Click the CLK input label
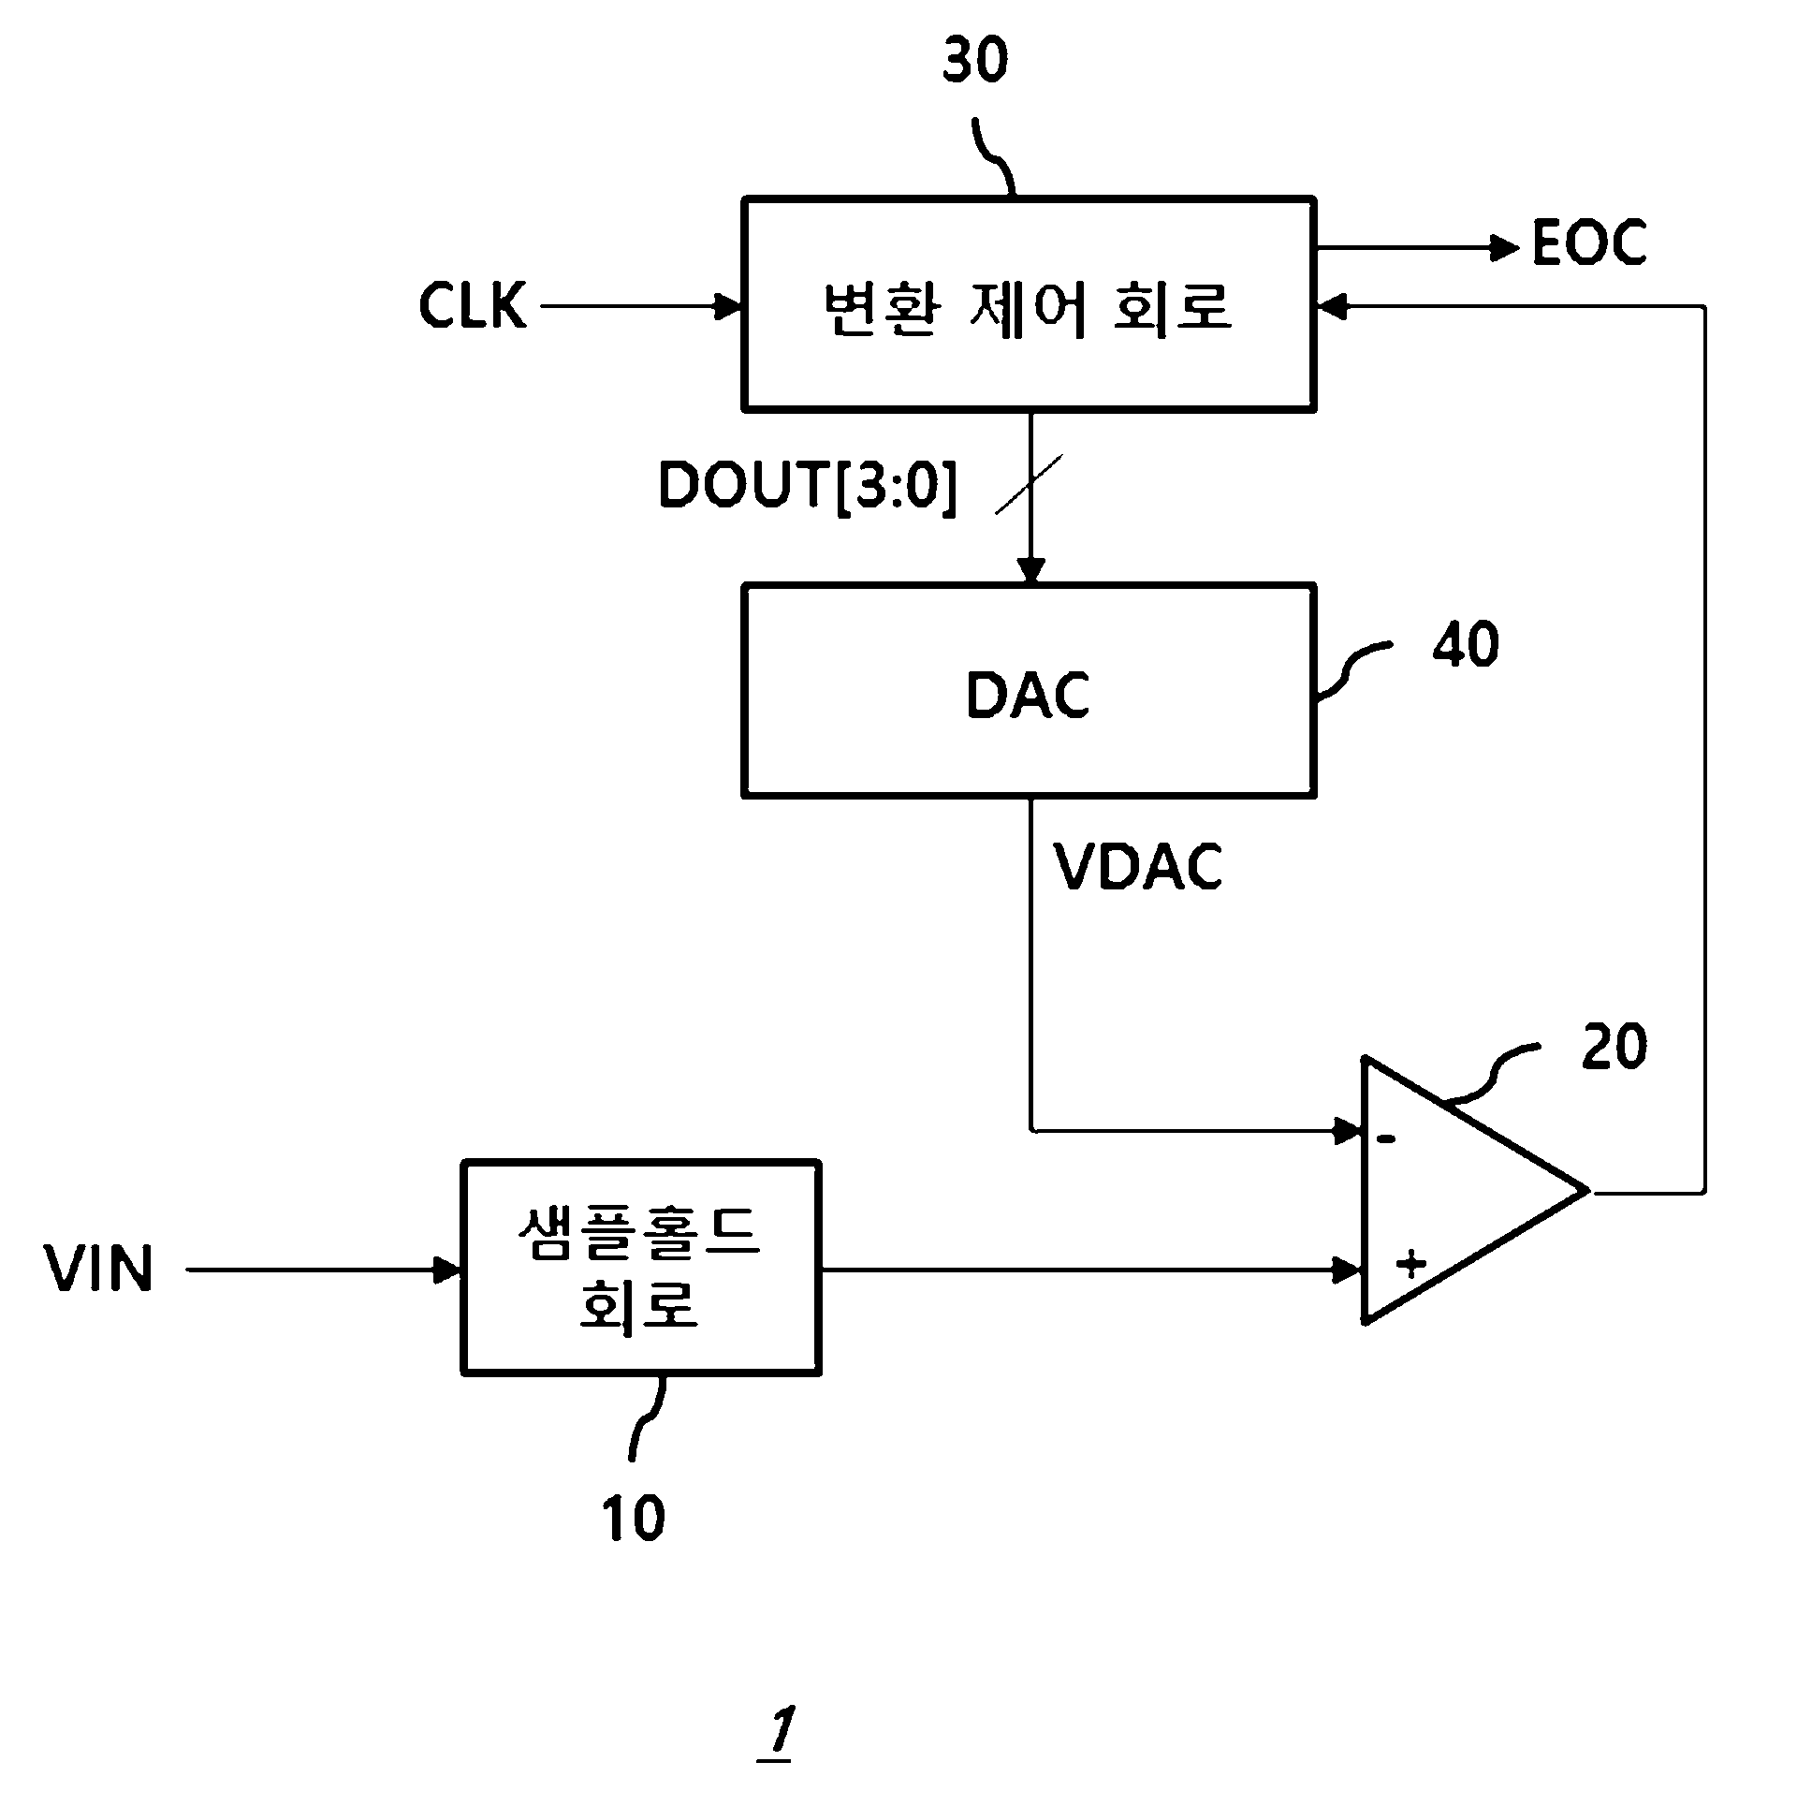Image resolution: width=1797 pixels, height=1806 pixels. click(x=472, y=305)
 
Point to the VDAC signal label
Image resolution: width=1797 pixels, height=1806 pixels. click(x=1138, y=866)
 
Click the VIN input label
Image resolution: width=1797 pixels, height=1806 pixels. click(x=99, y=1269)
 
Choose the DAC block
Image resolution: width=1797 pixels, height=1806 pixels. click(x=1029, y=690)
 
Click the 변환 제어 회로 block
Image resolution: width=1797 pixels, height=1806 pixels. click(x=1029, y=304)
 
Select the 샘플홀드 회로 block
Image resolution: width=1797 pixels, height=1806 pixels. click(x=641, y=1268)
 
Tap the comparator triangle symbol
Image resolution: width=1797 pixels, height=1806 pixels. click(x=1474, y=1190)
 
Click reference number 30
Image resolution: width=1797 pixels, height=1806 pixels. click(x=975, y=62)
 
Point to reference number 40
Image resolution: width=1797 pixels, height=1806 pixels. click(x=1465, y=644)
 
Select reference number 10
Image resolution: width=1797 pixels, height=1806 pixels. click(x=634, y=1518)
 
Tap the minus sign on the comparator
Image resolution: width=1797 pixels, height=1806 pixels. click(x=1387, y=1138)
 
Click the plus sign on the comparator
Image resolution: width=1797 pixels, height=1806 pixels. click(x=1410, y=1265)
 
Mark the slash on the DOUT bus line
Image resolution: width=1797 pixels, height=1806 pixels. click(x=1029, y=484)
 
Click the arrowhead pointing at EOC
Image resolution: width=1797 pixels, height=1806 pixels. click(x=1504, y=248)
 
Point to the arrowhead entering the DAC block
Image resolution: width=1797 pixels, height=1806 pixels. click(x=1030, y=570)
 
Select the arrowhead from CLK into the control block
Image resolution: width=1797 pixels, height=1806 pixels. click(x=727, y=305)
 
